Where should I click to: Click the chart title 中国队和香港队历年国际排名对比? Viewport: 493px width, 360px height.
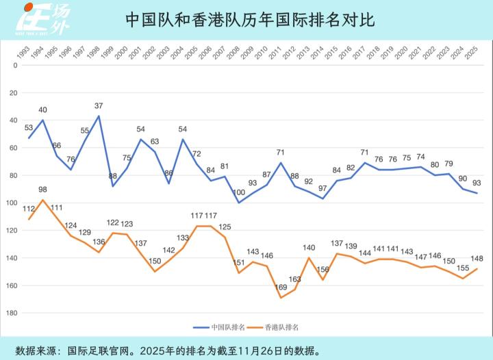251,20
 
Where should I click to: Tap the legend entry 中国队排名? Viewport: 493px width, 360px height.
225,328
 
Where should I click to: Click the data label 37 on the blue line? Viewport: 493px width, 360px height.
99,106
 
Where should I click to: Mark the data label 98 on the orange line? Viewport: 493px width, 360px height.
43,190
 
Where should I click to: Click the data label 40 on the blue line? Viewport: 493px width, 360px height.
42,110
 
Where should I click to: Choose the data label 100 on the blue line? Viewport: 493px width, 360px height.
238,192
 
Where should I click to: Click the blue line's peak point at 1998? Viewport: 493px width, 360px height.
99,116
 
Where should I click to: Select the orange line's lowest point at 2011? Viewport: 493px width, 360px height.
280,297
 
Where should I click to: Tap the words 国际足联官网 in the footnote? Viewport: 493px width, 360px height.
95,350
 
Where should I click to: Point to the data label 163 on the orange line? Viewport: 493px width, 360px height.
295,279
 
